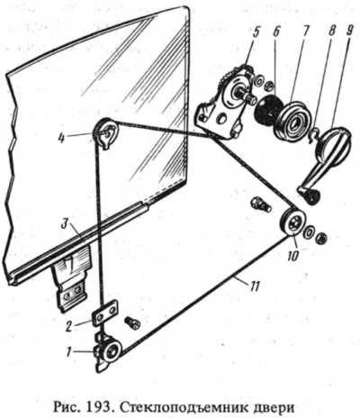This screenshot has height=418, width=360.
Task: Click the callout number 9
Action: pyautogui.click(x=348, y=32)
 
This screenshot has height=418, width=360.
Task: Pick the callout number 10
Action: pyautogui.click(x=293, y=255)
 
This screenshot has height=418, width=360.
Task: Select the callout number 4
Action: pyautogui.click(x=62, y=139)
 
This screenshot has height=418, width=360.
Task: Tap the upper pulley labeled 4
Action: pyautogui.click(x=106, y=133)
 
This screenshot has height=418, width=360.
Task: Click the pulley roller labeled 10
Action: pyautogui.click(x=293, y=223)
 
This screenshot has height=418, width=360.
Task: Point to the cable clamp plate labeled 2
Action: pyautogui.click(x=104, y=313)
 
